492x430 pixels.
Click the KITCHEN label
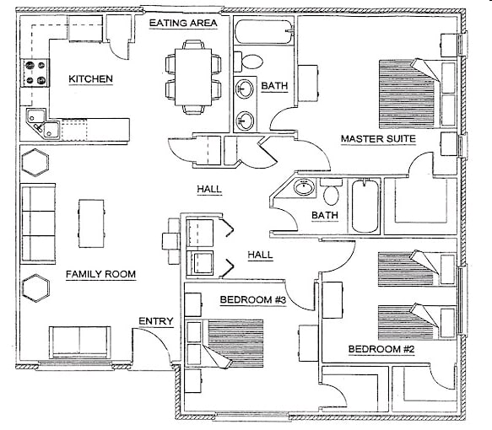click(x=90, y=79)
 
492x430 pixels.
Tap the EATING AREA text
click(x=183, y=23)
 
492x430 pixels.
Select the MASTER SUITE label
click(x=376, y=138)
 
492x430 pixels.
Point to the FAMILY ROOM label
click(x=100, y=275)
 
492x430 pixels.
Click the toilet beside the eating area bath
click(x=251, y=62)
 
